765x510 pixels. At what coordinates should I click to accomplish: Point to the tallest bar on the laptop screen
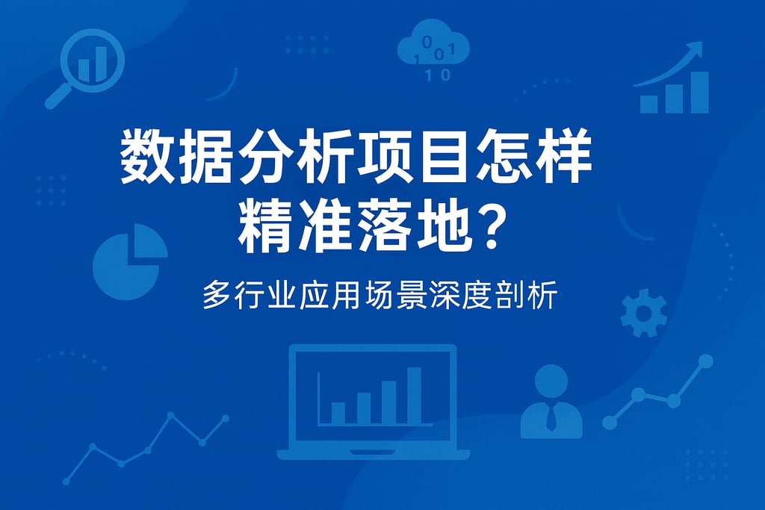[414, 395]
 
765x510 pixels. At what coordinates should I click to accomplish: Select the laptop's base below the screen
[373, 454]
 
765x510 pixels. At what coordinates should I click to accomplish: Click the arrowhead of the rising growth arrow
[696, 49]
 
